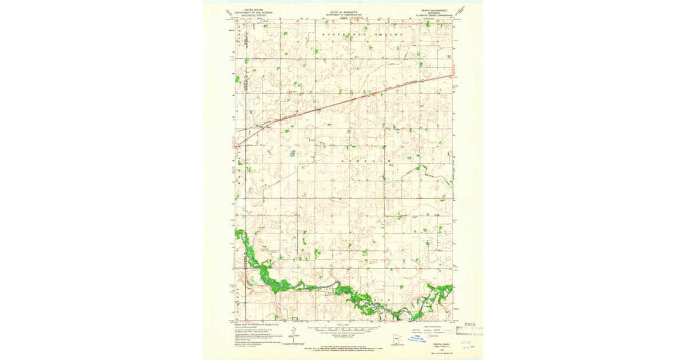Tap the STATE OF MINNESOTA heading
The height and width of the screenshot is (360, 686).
[x=343, y=10]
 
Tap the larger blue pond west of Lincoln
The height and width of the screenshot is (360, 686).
[x=292, y=153]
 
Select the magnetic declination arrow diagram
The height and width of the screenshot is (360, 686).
[x=293, y=334]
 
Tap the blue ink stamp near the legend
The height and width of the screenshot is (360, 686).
[x=418, y=340]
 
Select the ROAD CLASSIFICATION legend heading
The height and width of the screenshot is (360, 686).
[x=434, y=325]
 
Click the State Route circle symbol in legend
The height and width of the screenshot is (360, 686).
[x=426, y=335]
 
